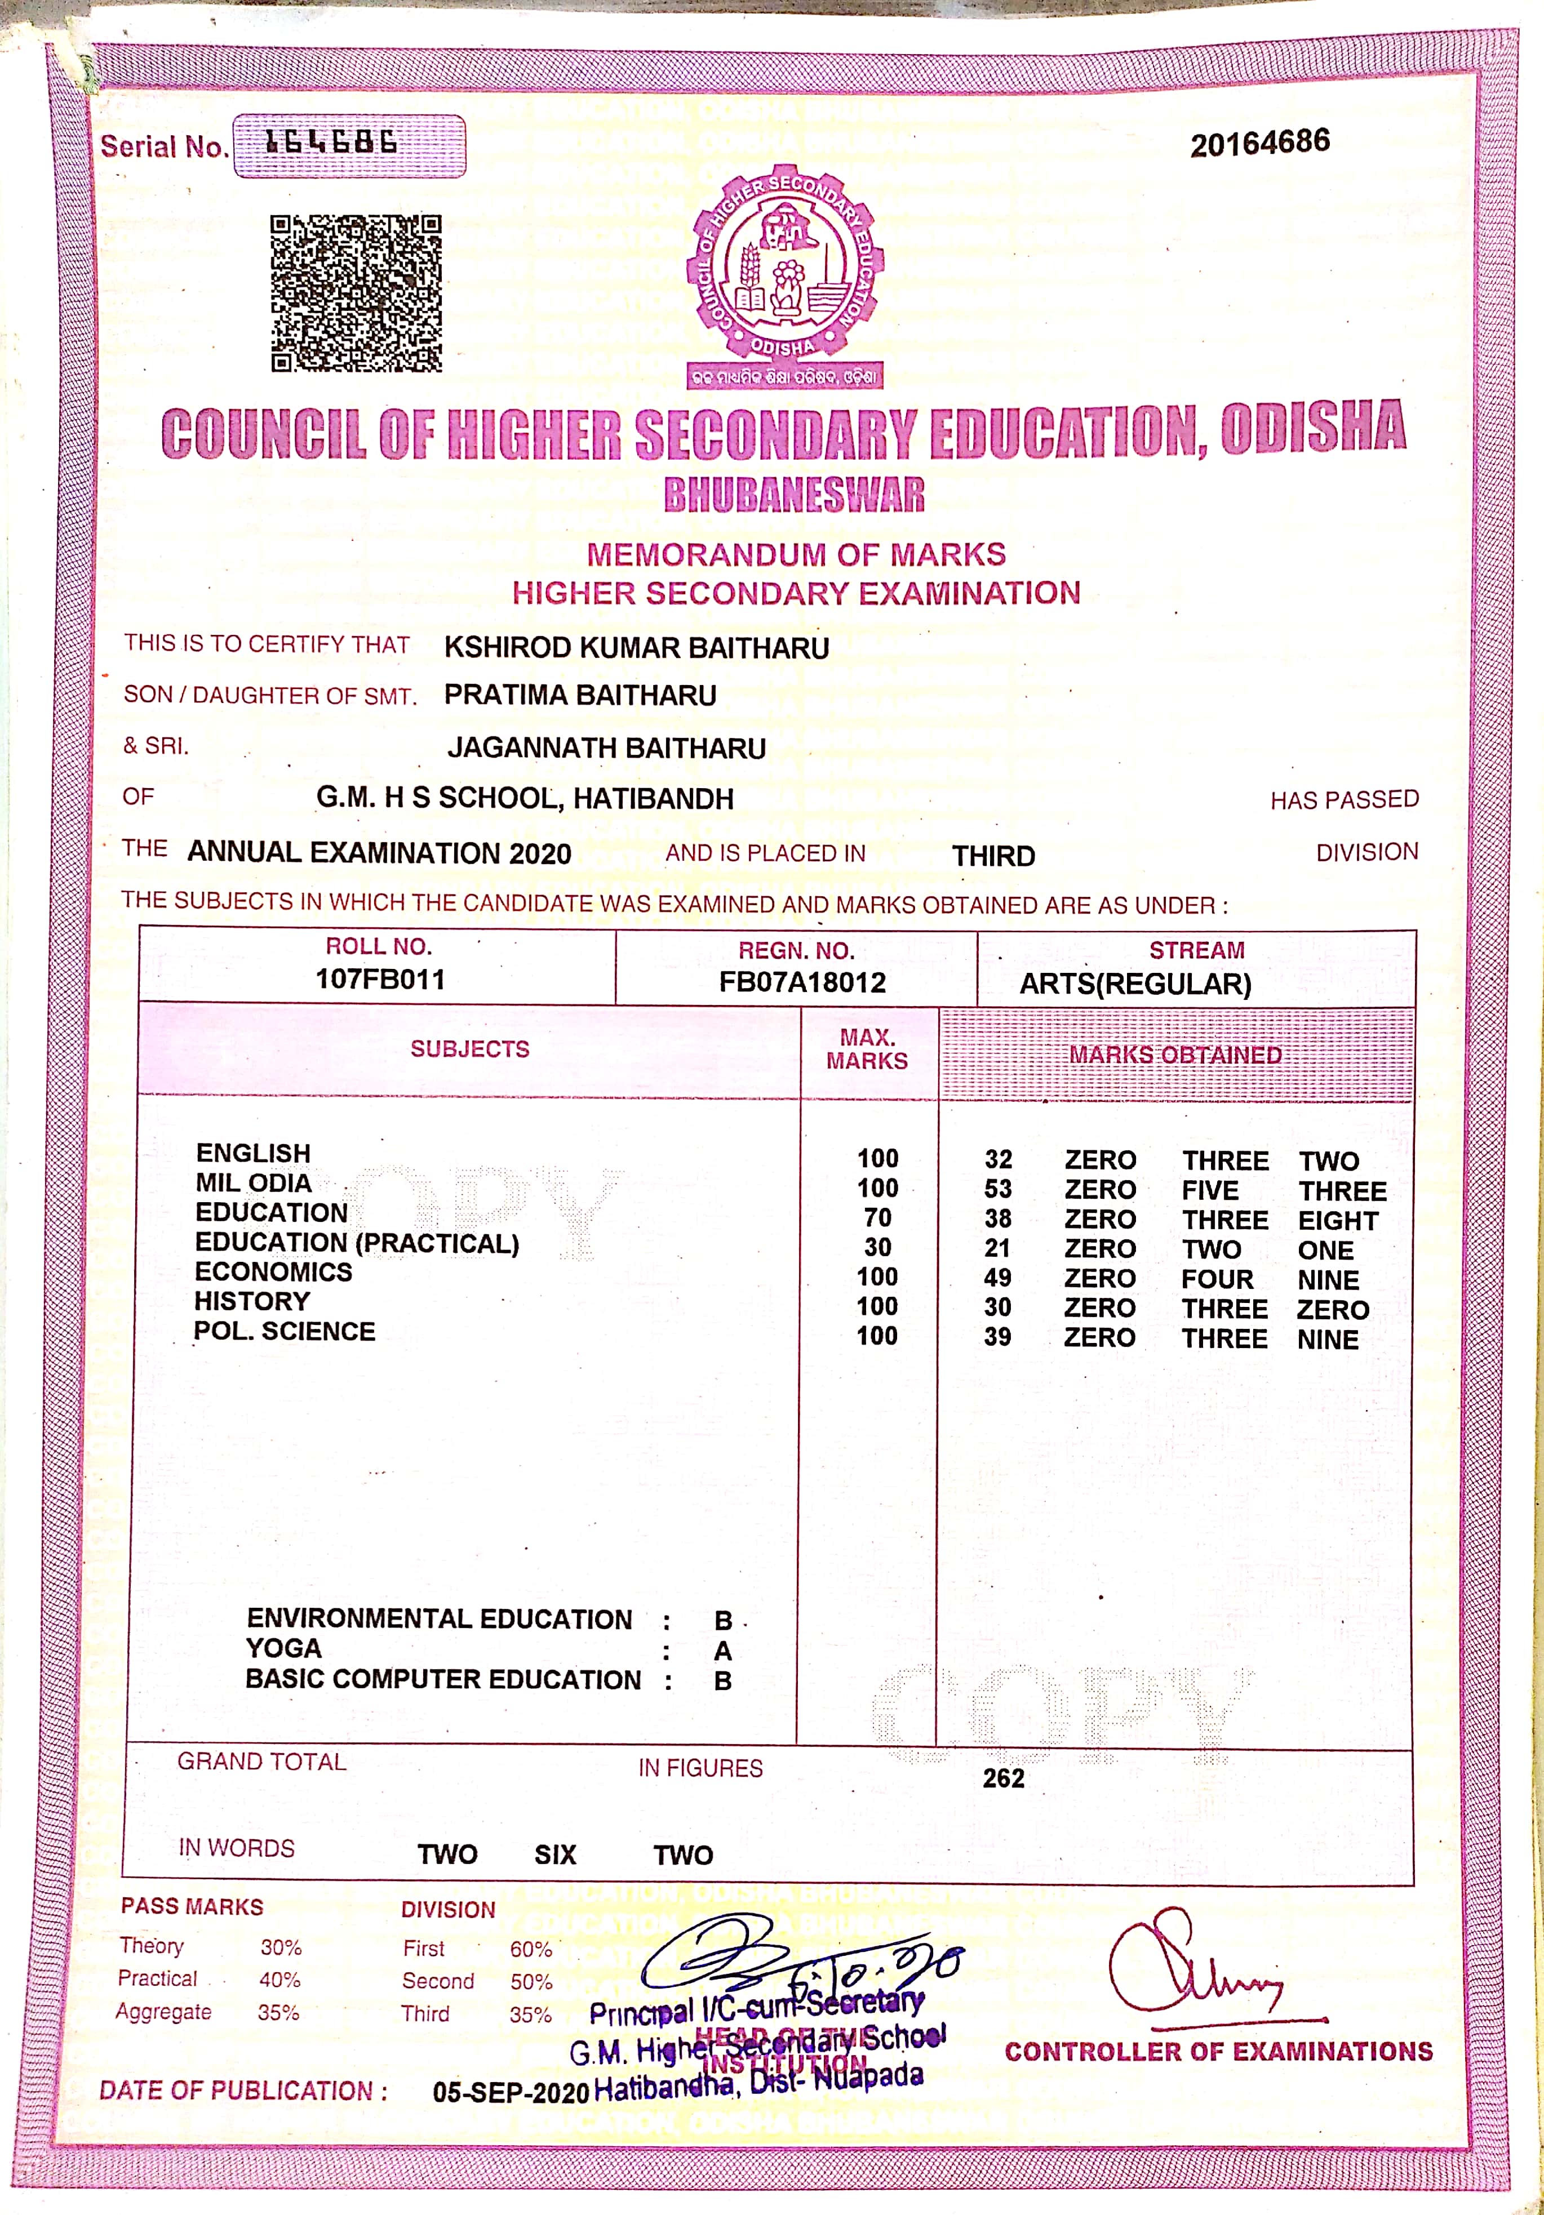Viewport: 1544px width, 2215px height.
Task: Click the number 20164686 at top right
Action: pos(1259,143)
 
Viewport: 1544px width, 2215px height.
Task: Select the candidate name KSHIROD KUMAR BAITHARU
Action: pos(636,647)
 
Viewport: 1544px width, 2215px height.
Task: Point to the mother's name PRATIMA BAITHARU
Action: pos(580,696)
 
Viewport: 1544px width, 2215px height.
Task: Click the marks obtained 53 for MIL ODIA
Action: pos(998,1190)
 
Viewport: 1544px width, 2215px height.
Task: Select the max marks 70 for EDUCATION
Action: pos(877,1218)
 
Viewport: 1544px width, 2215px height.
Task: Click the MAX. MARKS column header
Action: pos(867,1049)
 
